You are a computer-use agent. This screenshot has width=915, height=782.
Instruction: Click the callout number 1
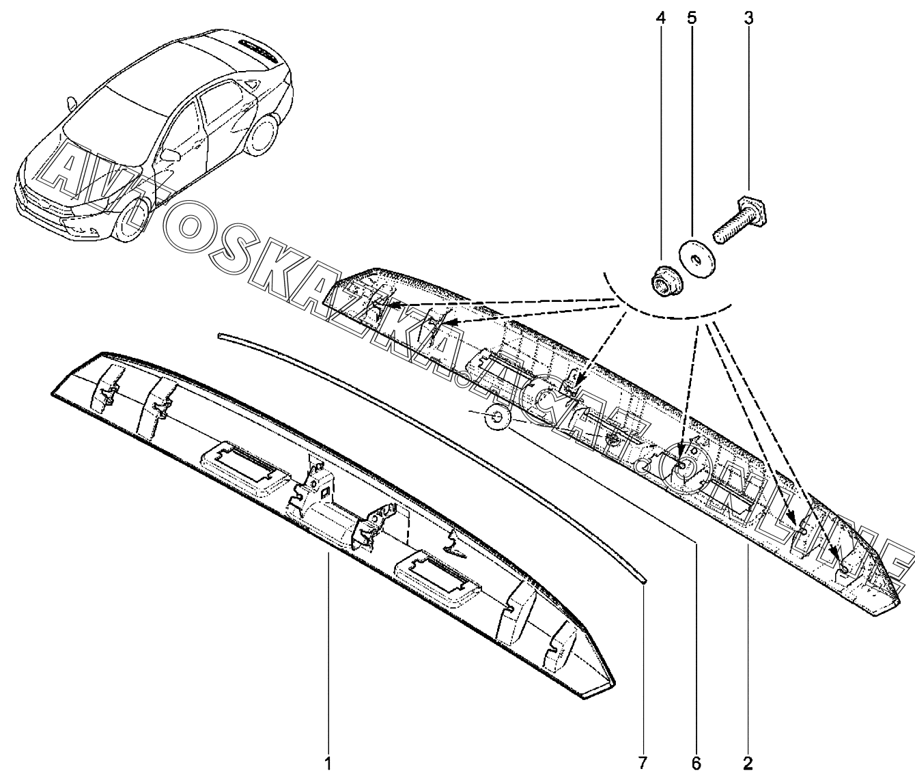pyautogui.click(x=328, y=764)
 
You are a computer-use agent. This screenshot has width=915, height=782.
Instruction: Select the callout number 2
pyautogui.click(x=748, y=764)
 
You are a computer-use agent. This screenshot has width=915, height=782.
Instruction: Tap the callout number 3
pyautogui.click(x=748, y=18)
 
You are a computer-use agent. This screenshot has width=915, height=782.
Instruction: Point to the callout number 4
pyautogui.click(x=660, y=18)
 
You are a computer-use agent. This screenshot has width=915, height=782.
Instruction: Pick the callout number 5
pyautogui.click(x=692, y=18)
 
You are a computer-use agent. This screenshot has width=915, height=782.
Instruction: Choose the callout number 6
pyautogui.click(x=696, y=764)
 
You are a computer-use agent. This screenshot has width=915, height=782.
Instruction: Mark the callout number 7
pyautogui.click(x=643, y=764)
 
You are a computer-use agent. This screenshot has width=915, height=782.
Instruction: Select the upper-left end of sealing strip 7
pyautogui.click(x=219, y=335)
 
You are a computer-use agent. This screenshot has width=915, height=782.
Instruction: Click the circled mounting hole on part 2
pyautogui.click(x=683, y=465)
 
